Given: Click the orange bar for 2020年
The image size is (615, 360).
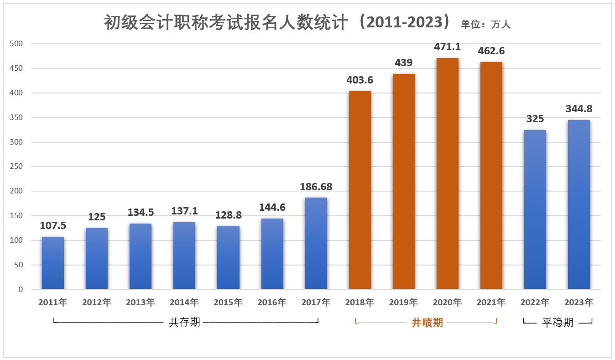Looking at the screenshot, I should tap(447, 173).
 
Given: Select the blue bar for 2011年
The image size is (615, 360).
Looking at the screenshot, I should tap(53, 263).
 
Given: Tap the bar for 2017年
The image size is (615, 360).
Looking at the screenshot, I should tap(316, 243).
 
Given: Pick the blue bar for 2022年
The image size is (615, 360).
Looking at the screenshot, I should tap(535, 209).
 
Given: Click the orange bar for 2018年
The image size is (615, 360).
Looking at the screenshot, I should tap(360, 190).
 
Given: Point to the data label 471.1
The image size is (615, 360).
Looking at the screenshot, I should tap(447, 47).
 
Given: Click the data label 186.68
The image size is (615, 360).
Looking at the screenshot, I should tap(316, 187).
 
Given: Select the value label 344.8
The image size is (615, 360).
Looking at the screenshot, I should tap(579, 109).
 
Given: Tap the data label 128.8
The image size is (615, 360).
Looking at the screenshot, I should tap(228, 215).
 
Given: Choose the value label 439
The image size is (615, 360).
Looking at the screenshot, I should tap(403, 63).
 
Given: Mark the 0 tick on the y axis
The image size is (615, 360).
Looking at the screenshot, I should tap(21, 289).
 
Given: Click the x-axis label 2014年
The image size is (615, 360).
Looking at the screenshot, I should tap(184, 303).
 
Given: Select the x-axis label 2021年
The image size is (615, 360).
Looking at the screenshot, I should tap(491, 303).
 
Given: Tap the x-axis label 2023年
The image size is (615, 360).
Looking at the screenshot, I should tap(579, 303).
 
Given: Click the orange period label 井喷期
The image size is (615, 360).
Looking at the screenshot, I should tap(427, 323).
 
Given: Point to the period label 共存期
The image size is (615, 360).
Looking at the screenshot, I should tap(184, 323).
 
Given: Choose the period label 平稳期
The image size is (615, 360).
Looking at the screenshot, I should tap(558, 323).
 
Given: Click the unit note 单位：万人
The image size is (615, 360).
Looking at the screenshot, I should tap(485, 25).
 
